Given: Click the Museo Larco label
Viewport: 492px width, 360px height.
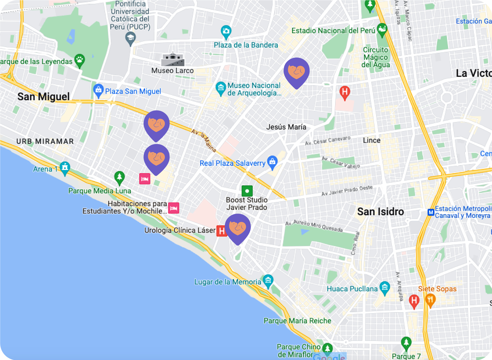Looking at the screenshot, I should pyautogui.click(x=172, y=71).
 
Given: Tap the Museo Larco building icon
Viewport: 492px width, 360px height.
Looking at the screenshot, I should pyautogui.click(x=173, y=60).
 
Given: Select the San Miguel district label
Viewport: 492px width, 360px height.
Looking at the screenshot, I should pyautogui.click(x=44, y=97).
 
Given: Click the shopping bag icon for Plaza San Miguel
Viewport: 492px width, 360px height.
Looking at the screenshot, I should pyautogui.click(x=98, y=90).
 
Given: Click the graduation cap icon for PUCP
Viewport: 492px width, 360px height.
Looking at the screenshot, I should pyautogui.click(x=130, y=38).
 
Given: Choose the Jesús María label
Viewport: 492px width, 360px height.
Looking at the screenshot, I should pyautogui.click(x=286, y=127).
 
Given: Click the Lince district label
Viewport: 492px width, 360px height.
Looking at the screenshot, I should pyautogui.click(x=372, y=140).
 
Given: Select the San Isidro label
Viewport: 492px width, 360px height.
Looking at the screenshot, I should pyautogui.click(x=380, y=212).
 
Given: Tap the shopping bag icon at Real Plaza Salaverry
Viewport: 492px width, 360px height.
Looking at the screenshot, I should pyautogui.click(x=272, y=162).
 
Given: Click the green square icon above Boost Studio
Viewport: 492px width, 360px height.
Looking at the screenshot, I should pyautogui.click(x=247, y=191).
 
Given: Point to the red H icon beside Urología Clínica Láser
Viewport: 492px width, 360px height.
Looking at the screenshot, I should pyautogui.click(x=222, y=231).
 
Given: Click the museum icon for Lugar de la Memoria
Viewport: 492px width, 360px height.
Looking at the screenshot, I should pyautogui.click(x=268, y=281).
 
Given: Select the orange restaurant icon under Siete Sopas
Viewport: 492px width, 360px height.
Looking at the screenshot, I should pyautogui.click(x=430, y=300).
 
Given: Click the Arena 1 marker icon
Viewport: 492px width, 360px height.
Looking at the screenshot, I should pyautogui.click(x=65, y=167).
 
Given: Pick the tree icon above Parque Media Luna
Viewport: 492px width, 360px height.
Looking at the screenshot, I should pyautogui.click(x=120, y=177).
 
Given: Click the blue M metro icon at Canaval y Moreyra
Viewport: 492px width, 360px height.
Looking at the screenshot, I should pyautogui.click(x=431, y=212).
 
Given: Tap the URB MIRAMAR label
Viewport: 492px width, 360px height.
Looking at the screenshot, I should pyautogui.click(x=45, y=141).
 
